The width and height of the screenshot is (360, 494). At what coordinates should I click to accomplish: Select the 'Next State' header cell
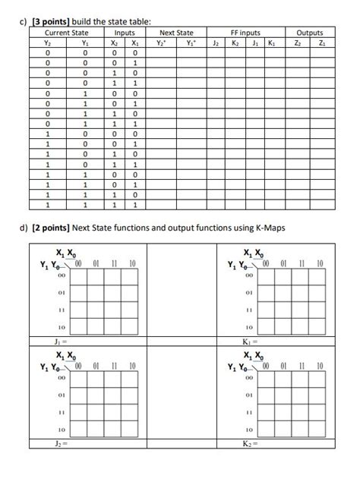(176, 33)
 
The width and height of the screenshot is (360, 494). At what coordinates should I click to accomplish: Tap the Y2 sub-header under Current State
(47, 42)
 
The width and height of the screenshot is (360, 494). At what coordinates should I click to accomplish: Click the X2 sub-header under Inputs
(114, 42)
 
